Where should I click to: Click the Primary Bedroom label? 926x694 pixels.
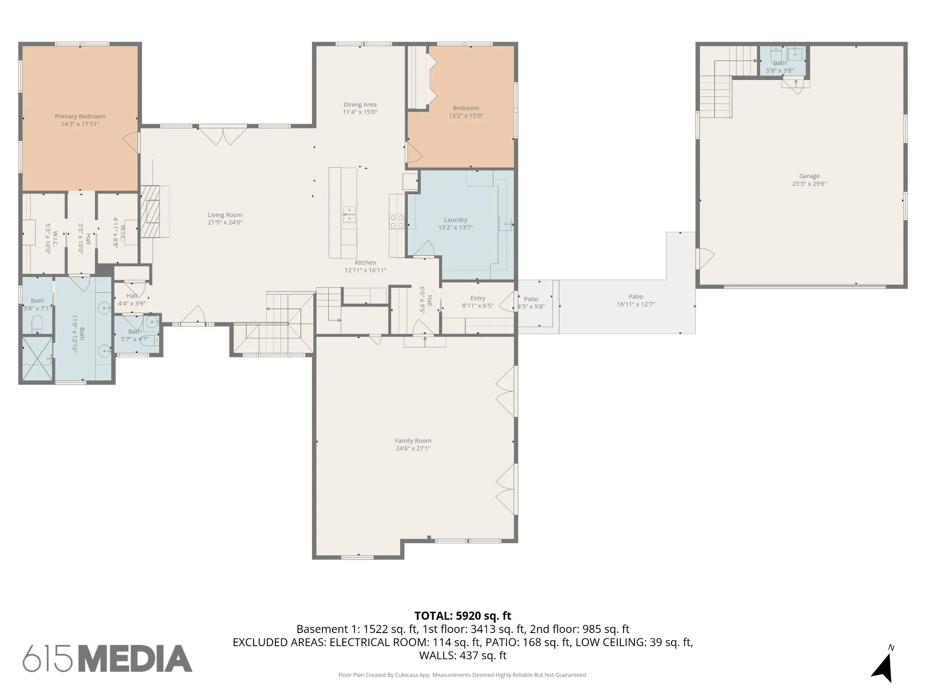click(80, 117)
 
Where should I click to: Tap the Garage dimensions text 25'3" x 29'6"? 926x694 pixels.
click(809, 184)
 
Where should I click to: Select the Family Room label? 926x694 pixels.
click(413, 441)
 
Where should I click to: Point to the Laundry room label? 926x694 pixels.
click(455, 220)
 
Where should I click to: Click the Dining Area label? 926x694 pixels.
click(360, 105)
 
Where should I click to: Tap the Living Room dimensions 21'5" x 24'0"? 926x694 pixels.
click(225, 222)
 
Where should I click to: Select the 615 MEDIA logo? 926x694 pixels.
click(108, 658)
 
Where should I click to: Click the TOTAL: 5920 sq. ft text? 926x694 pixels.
click(463, 616)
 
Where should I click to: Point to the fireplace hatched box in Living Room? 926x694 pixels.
click(150, 211)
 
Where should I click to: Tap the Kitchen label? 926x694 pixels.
click(365, 263)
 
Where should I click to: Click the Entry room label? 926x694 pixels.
click(478, 298)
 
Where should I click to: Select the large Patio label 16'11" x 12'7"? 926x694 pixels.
click(636, 300)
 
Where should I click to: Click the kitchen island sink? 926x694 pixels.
click(349, 214)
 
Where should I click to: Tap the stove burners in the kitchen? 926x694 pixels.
click(397, 221)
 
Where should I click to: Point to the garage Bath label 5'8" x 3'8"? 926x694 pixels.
click(780, 67)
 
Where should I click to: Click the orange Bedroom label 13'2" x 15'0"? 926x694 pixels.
click(466, 112)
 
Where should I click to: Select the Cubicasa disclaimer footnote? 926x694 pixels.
click(463, 675)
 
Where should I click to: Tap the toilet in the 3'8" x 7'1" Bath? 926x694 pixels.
click(37, 324)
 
